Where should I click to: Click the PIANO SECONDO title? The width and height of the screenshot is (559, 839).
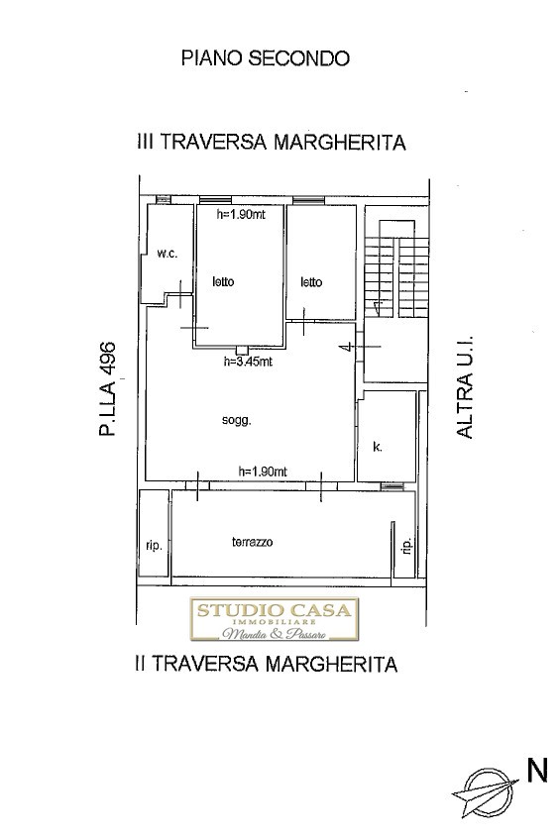tap(266, 57)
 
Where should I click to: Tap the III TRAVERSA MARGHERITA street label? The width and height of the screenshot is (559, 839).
tap(272, 143)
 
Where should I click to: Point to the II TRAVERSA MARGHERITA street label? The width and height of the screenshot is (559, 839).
tap(266, 664)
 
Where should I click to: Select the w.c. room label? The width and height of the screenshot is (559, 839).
tap(168, 255)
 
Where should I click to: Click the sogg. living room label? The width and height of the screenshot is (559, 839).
tap(237, 421)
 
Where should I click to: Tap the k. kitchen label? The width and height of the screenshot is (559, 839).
tap(378, 447)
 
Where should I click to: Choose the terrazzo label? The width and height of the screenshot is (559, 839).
tap(252, 542)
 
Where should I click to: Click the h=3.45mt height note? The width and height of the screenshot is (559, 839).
tap(248, 362)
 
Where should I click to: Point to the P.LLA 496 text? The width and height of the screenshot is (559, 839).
tap(108, 388)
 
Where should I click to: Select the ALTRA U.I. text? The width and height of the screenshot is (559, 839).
tap(465, 387)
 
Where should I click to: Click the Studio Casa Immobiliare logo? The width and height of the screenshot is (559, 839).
tap(275, 619)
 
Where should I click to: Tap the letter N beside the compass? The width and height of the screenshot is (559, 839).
tap(537, 771)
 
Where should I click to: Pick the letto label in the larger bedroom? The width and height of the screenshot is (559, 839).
tap(223, 281)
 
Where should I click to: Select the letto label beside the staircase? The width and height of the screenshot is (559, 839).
tap(311, 281)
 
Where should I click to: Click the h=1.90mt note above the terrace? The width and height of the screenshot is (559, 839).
tap(263, 472)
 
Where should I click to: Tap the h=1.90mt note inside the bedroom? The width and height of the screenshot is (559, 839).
tap(242, 215)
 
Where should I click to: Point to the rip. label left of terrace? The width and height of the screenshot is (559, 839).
tap(154, 548)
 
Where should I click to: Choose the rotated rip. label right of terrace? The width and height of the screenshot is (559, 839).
tap(407, 546)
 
